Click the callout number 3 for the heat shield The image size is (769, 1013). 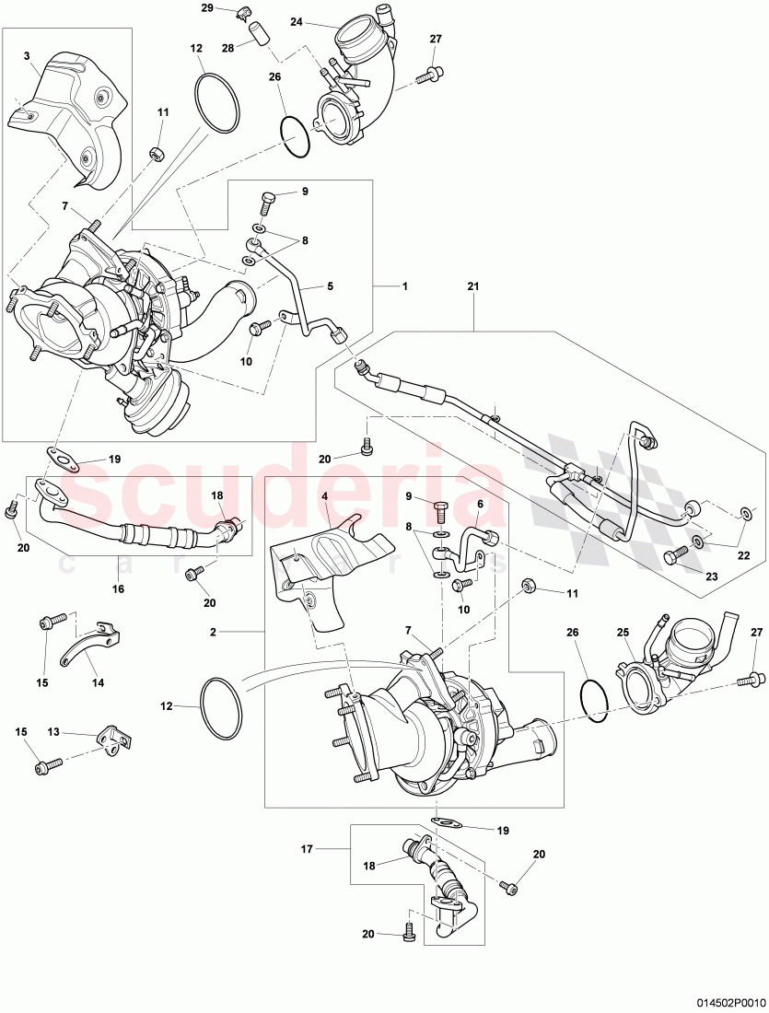(x=29, y=56)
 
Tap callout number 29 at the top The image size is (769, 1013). (x=207, y=8)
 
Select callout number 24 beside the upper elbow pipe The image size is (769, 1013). (x=297, y=21)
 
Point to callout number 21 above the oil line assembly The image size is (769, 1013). (x=473, y=287)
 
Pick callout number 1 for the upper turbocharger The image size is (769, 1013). (x=403, y=286)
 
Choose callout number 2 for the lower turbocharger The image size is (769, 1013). (x=213, y=633)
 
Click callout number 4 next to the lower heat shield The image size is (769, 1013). (x=324, y=495)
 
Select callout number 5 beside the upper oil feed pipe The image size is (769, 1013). (x=329, y=286)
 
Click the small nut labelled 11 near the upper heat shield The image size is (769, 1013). (x=157, y=151)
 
